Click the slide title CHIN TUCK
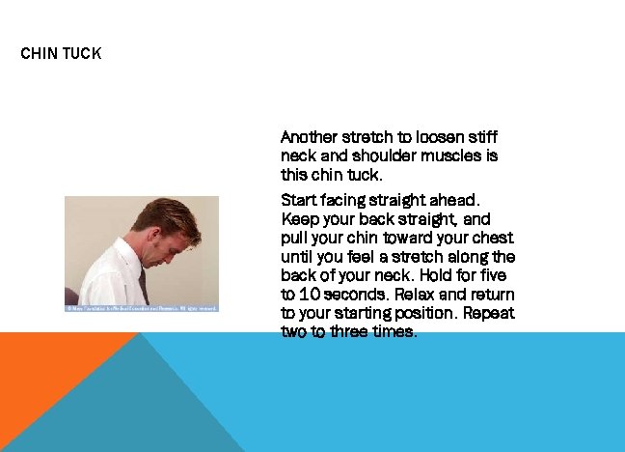pos(61,53)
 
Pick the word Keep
pos(298,219)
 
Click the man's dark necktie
pos(143,286)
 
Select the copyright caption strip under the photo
pos(142,308)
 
